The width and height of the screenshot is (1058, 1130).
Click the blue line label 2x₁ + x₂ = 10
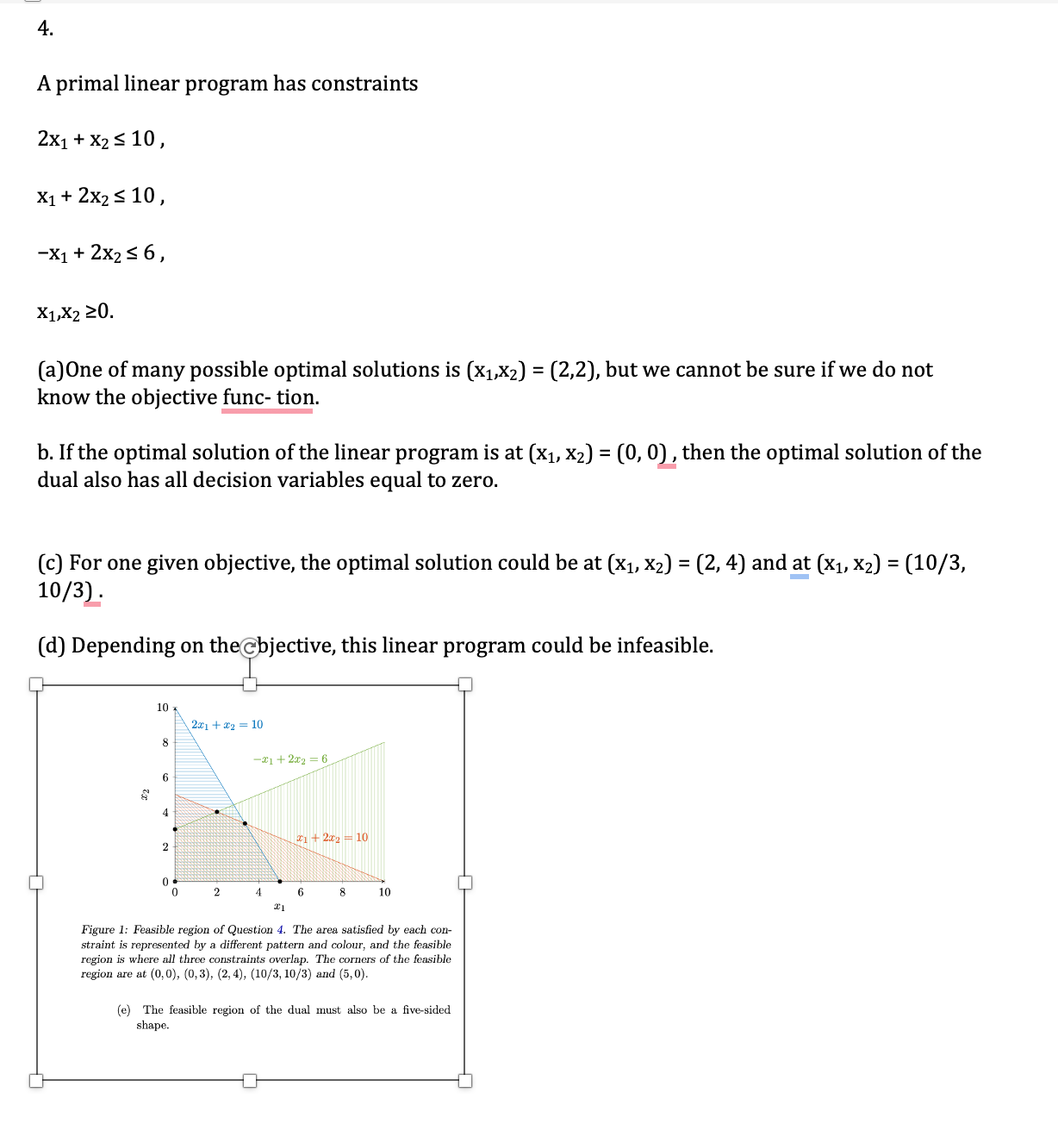click(x=227, y=725)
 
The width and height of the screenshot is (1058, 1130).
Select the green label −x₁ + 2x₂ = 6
click(x=289, y=759)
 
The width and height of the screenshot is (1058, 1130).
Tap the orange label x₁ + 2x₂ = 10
click(x=332, y=838)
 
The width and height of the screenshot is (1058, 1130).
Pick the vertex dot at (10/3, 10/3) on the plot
click(x=245, y=823)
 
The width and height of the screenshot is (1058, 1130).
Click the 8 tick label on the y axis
click(x=165, y=742)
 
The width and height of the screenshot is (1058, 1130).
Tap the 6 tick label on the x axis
click(x=300, y=892)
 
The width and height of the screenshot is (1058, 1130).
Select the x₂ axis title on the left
click(x=145, y=793)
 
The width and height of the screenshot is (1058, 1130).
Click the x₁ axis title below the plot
click(x=279, y=907)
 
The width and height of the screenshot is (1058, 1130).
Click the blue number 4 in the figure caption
click(x=280, y=930)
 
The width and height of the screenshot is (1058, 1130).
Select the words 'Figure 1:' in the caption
click(x=104, y=930)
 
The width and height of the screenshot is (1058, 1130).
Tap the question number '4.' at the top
click(x=46, y=28)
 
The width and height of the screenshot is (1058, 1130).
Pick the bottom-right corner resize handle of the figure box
click(x=465, y=1080)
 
